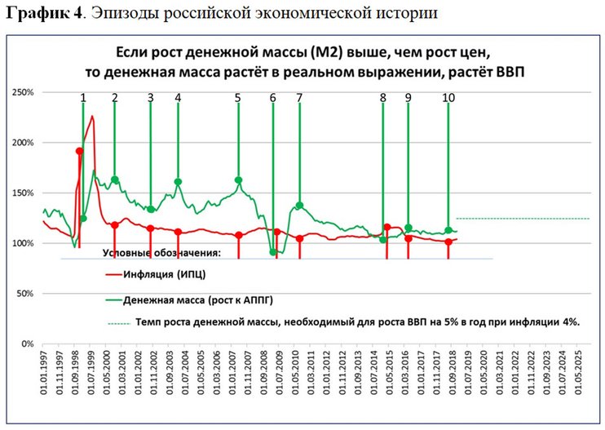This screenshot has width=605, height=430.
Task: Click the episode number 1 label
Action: tap(83, 98)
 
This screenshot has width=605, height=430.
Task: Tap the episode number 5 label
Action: tap(237, 98)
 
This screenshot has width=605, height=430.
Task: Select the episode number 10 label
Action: tap(448, 98)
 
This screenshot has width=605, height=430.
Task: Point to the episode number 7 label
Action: tap(299, 98)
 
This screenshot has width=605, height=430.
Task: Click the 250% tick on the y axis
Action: tap(23, 92)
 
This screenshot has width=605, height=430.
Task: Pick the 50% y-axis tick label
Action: tap(25, 293)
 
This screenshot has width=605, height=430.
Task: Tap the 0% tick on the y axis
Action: tap(28, 344)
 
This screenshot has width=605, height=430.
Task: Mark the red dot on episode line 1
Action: tap(79, 151)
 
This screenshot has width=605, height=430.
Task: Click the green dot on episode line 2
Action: tap(115, 180)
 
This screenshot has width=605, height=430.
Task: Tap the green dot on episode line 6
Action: tap(273, 253)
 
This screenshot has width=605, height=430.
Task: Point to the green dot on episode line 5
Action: tap(238, 180)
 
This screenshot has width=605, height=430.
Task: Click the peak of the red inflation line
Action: tap(92, 116)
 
